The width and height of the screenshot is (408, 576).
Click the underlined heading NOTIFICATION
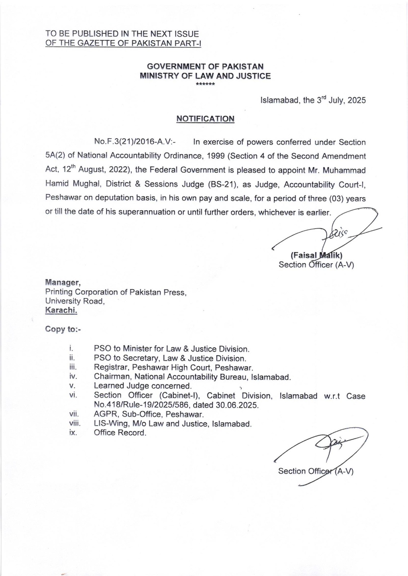[x=205, y=119]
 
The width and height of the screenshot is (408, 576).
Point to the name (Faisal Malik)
[x=316, y=256]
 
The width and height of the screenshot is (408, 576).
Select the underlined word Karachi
[x=61, y=310]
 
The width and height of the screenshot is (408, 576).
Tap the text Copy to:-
[x=63, y=329]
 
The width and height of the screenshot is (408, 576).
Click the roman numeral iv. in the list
[x=73, y=377]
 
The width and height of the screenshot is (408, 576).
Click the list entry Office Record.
[x=120, y=433]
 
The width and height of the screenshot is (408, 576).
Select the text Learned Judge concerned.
[x=143, y=386]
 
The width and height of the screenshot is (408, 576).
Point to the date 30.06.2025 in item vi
[x=237, y=405]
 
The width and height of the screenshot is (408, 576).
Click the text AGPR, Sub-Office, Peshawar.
[x=149, y=414]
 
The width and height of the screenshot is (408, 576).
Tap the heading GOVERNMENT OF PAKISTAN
[x=205, y=67]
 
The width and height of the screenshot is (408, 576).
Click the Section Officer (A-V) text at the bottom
[x=315, y=471]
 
